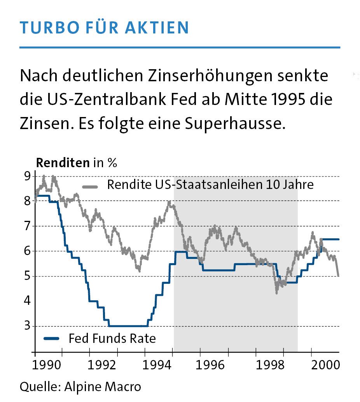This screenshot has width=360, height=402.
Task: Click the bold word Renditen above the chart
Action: tap(63, 163)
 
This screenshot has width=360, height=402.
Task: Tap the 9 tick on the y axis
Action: tap(27, 177)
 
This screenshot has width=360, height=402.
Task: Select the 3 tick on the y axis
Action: tap(27, 326)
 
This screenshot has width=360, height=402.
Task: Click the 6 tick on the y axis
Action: tap(27, 251)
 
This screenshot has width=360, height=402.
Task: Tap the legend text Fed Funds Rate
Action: tap(112, 339)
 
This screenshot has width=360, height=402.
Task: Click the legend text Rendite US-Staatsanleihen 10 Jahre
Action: tap(210, 184)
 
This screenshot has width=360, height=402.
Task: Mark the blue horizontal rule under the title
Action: tap(180, 47)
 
